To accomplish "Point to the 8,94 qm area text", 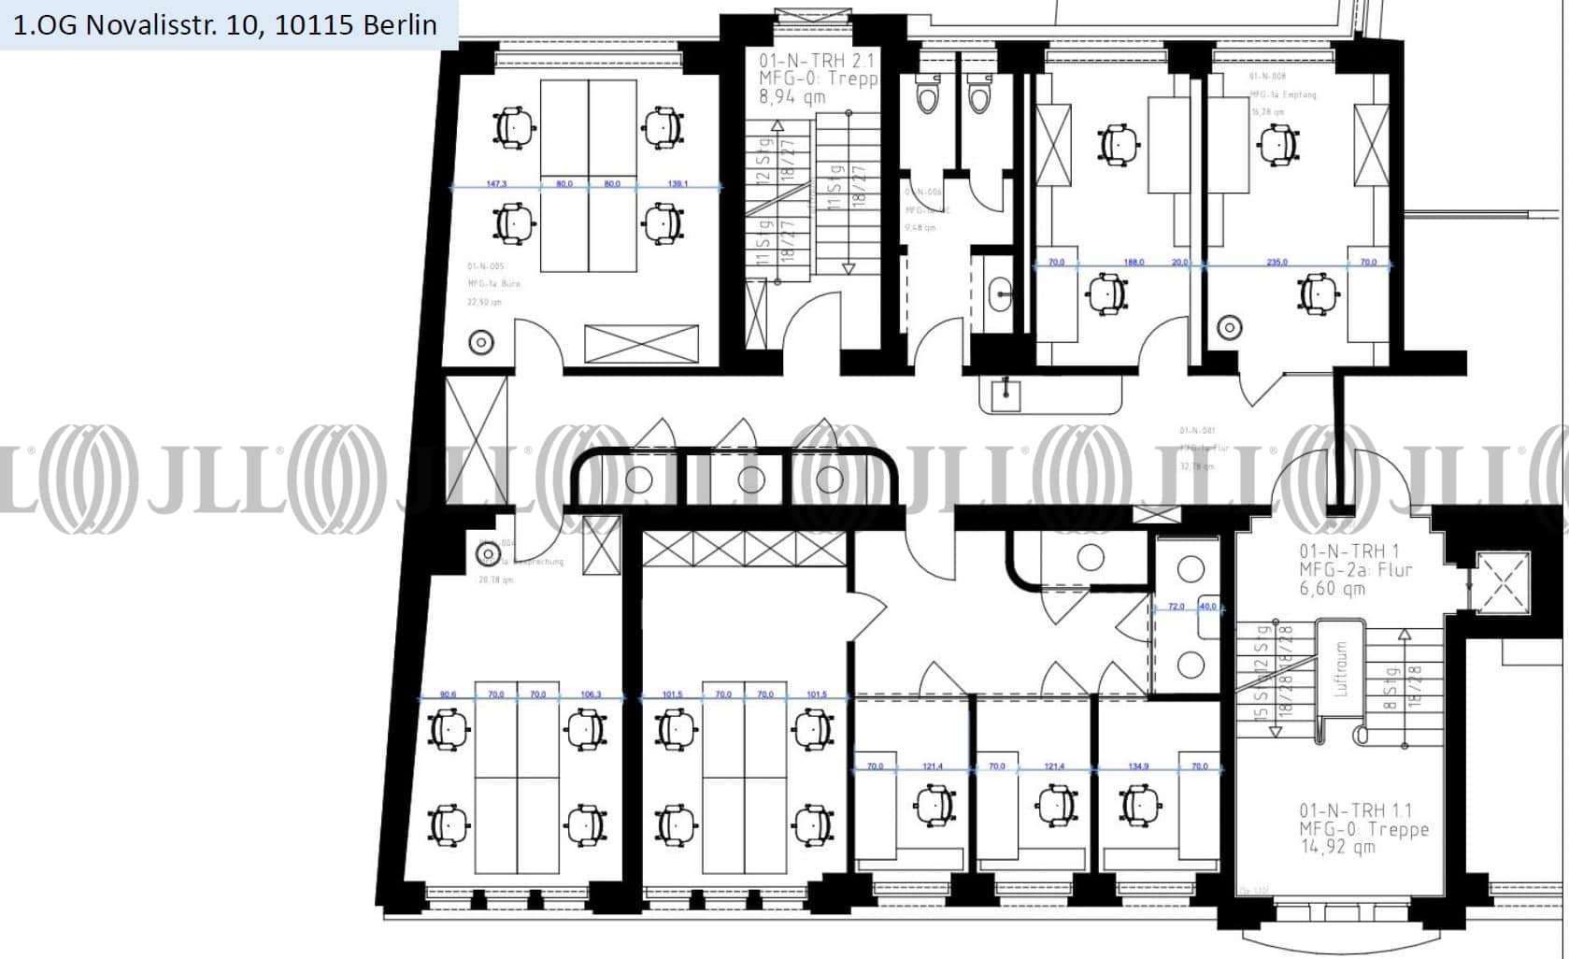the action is pos(792,97).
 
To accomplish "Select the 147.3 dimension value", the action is pos(496,183).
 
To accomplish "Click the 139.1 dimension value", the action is pos(678,183).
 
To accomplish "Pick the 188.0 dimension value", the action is pos(1134,262).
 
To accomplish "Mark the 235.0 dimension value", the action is pos(1277,262).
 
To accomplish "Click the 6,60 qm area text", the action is pos(1332,589).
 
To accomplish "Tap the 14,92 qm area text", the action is pos(1337,847).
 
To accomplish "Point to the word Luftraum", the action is pos(1341,668).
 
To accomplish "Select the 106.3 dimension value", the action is pos(591,694).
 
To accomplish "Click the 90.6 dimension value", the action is pos(448,694).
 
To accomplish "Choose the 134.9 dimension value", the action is pos(1138,766).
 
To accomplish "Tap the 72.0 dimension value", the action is pos(1177,607).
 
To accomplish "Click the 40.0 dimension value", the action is pos(1208,607).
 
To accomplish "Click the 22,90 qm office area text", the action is pos(484,302).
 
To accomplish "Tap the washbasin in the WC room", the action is pos(1000,293).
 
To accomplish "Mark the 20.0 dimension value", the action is pos(1180,262).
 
